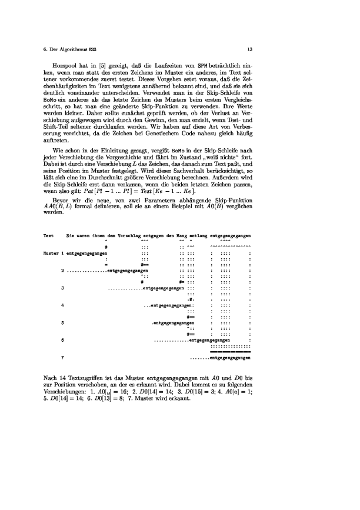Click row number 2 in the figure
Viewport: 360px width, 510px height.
(x=63, y=271)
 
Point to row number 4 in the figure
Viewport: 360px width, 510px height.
(x=63, y=305)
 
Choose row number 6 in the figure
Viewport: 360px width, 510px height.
(x=63, y=340)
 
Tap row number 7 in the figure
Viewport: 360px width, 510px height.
(x=63, y=358)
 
